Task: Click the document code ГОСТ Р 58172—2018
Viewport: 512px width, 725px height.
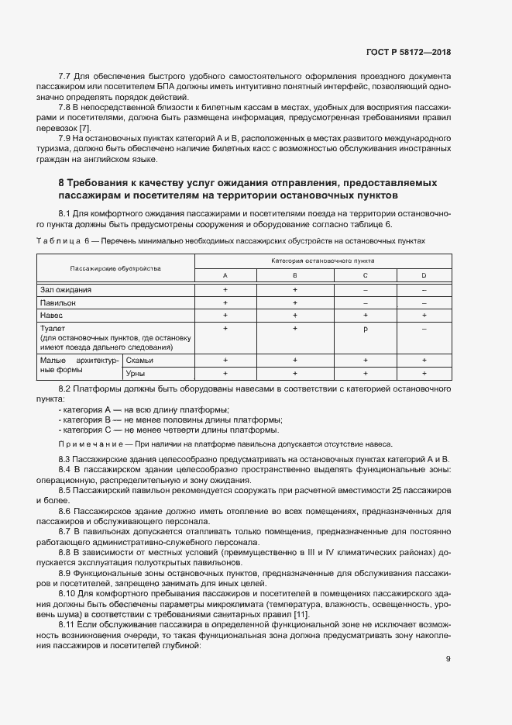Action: (x=407, y=53)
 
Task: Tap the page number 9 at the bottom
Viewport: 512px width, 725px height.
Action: (x=448, y=659)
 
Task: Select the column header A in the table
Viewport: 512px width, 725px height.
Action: (x=225, y=275)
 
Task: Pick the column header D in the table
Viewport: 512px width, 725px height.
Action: (x=424, y=275)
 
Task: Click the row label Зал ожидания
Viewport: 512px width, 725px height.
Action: (x=66, y=289)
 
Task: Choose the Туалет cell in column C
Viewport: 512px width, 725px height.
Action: (x=365, y=329)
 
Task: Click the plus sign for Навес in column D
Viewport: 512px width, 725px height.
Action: (x=424, y=316)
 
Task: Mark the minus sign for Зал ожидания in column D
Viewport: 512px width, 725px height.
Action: (x=424, y=289)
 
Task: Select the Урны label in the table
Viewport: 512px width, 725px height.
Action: (x=137, y=374)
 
